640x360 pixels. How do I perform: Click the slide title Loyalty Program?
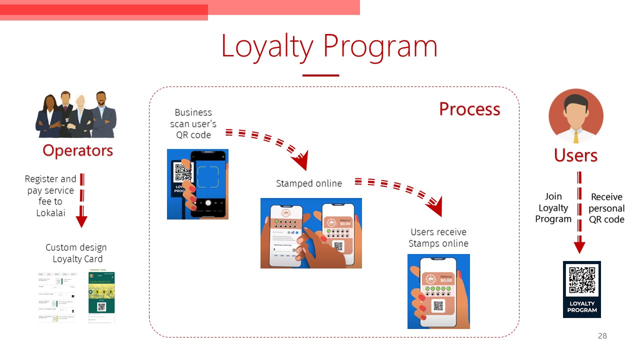click(329, 45)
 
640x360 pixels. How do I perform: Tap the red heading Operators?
click(77, 150)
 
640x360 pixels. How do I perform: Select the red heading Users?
click(575, 155)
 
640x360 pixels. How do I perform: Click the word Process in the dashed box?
click(469, 109)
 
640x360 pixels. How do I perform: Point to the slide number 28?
click(602, 336)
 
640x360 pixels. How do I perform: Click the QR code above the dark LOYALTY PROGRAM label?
click(581, 280)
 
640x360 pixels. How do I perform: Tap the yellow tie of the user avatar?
click(576, 136)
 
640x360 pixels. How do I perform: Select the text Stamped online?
click(309, 183)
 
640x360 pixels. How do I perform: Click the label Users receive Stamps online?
click(438, 237)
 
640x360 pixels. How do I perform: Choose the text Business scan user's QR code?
click(193, 123)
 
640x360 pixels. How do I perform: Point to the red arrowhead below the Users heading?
click(579, 247)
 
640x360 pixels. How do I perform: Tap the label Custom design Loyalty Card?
click(76, 253)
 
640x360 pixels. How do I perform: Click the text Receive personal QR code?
click(606, 208)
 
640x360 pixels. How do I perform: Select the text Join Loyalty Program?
click(553, 207)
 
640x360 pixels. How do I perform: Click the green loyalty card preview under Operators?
click(101, 297)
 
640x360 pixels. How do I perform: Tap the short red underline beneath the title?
click(320, 75)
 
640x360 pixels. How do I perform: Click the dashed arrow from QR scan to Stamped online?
click(270, 142)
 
